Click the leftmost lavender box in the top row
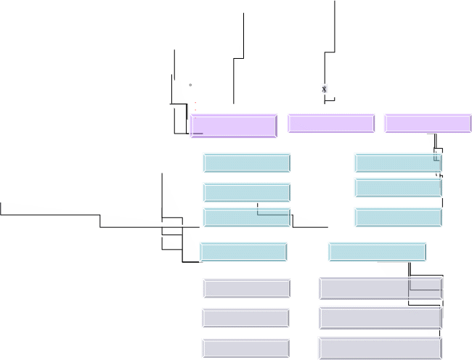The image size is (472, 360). pyautogui.click(x=234, y=126)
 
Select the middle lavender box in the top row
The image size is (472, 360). pyautogui.click(x=331, y=123)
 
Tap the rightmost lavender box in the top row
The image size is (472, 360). pyautogui.click(x=427, y=123)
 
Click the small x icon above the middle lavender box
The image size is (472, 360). pyautogui.click(x=325, y=89)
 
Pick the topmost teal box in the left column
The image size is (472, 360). pyautogui.click(x=247, y=163)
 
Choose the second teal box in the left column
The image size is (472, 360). pyautogui.click(x=247, y=192)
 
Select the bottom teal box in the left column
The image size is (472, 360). pyautogui.click(x=244, y=252)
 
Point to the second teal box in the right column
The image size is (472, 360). pyautogui.click(x=398, y=188)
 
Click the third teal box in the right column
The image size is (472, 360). pyautogui.click(x=398, y=217)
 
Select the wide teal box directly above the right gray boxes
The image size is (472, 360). pyautogui.click(x=377, y=252)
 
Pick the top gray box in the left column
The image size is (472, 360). pyautogui.click(x=246, y=288)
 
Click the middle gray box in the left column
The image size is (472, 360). pyautogui.click(x=245, y=318)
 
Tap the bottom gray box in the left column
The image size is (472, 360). pyautogui.click(x=245, y=348)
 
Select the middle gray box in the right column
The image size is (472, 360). pyautogui.click(x=380, y=318)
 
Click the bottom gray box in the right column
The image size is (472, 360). pyautogui.click(x=380, y=348)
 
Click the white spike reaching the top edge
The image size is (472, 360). pyautogui.click(x=332, y=29)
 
